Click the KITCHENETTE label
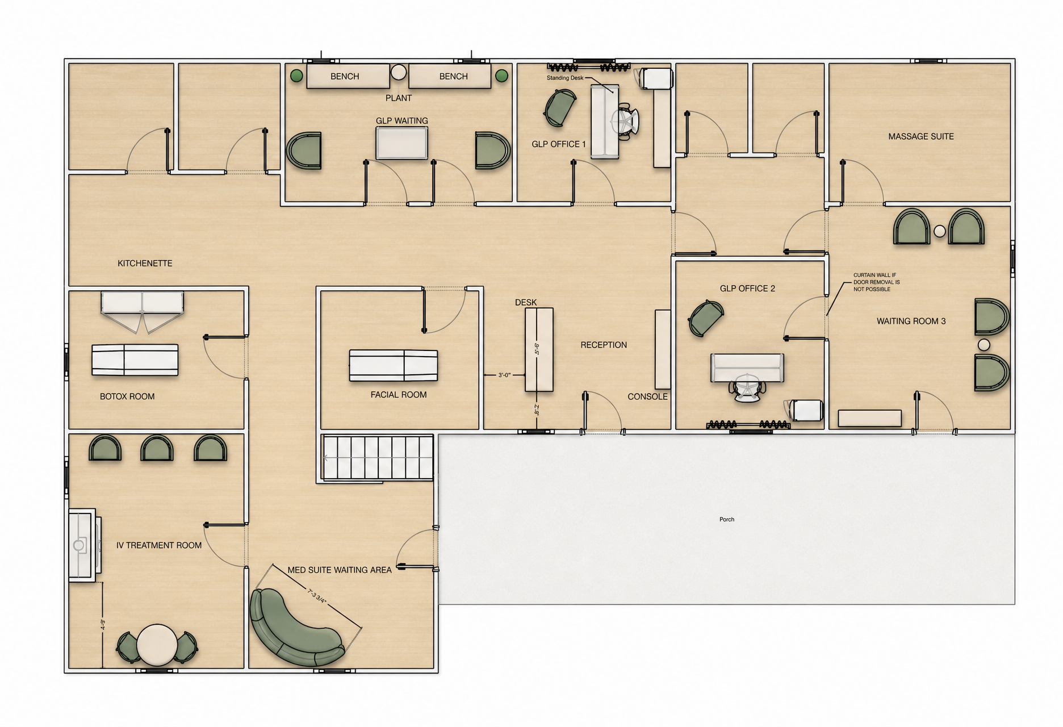[x=145, y=264]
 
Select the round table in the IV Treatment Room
[x=156, y=645]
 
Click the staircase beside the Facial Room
[x=378, y=458]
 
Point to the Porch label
[x=727, y=519]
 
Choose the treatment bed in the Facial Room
[x=393, y=365]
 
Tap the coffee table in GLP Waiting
[x=401, y=143]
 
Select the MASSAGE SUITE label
[x=920, y=136]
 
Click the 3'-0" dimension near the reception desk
[x=504, y=375]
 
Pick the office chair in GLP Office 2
[x=747, y=388]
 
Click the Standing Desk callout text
[x=565, y=78]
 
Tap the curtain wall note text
[x=876, y=282]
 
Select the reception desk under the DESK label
[x=539, y=349]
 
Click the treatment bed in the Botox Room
[x=135, y=360]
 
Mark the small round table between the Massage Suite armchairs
[x=940, y=231]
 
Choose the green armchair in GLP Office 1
[x=560, y=108]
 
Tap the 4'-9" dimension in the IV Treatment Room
[x=103, y=625]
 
